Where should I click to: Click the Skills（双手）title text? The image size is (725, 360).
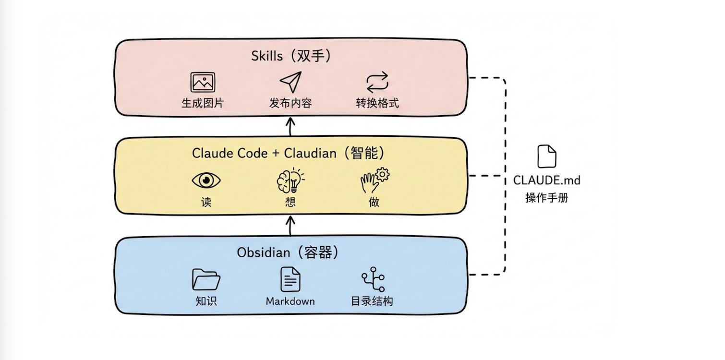tap(291, 56)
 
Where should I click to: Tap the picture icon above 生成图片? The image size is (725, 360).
tap(203, 82)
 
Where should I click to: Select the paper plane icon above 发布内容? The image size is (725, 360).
tap(290, 82)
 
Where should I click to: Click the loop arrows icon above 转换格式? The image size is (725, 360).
tap(377, 83)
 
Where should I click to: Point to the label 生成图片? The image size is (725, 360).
tap(203, 103)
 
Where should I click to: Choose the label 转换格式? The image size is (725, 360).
tap(377, 103)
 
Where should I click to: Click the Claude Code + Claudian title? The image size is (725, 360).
tap(288, 153)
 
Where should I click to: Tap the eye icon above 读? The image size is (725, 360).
tap(206, 180)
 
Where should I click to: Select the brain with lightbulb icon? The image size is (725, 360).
tap(290, 180)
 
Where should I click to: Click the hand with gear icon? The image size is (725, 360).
tap(375, 180)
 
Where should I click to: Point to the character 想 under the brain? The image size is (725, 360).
tap(290, 202)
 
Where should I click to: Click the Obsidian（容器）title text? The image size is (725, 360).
tap(288, 252)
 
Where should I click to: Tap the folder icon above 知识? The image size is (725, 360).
tap(206, 279)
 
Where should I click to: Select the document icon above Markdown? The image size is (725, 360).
tap(290, 279)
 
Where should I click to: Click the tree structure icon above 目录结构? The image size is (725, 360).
tap(373, 279)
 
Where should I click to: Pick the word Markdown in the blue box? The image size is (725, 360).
tap(290, 301)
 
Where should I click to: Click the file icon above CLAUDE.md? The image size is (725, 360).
tap(546, 156)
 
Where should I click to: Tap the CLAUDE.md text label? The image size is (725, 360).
tap(546, 180)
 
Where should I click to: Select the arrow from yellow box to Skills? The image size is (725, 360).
tap(290, 127)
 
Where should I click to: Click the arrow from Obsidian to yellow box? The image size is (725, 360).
tap(290, 226)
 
